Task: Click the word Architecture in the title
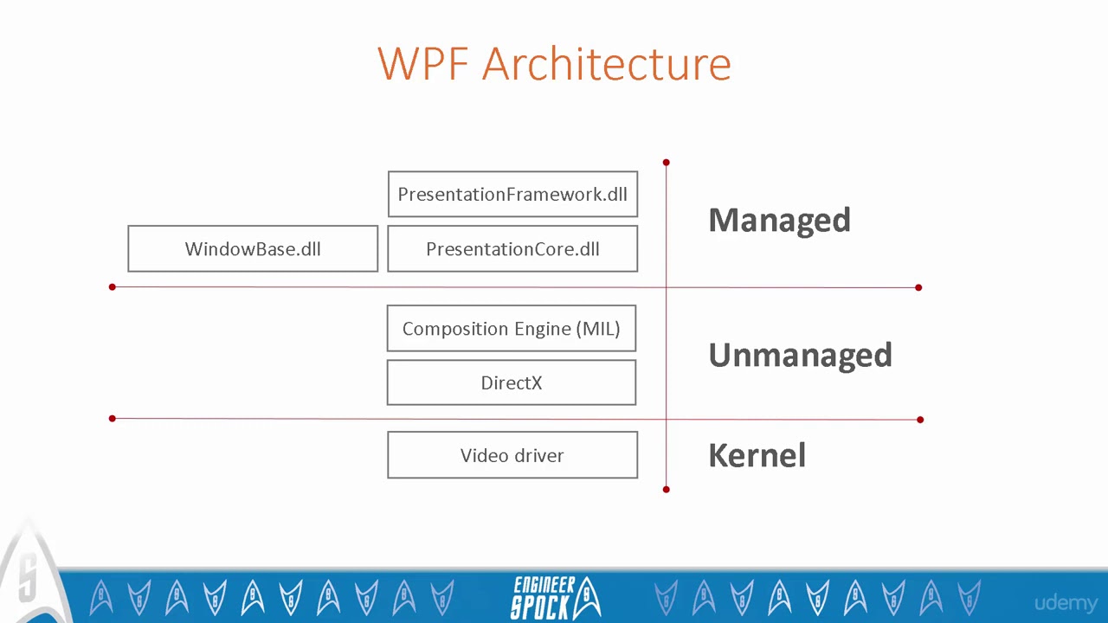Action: tap(606, 64)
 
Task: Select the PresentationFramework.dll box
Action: tap(512, 195)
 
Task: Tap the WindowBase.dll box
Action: tap(253, 249)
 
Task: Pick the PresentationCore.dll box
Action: tap(512, 249)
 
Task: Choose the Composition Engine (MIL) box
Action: tap(512, 329)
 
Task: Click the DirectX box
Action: tap(512, 383)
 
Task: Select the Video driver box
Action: tap(512, 455)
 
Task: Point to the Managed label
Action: tap(779, 220)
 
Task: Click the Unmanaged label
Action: tap(800, 355)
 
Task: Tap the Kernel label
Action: tap(757, 455)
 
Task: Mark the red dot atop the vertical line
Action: tap(666, 162)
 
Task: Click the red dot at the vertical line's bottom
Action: tap(666, 490)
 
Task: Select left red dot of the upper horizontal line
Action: tap(112, 286)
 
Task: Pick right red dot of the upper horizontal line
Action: tap(918, 286)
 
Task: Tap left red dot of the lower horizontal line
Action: tap(112, 419)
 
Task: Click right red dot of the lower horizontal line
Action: tap(920, 420)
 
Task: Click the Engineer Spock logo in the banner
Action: tap(554, 597)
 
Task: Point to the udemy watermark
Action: tap(1066, 603)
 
